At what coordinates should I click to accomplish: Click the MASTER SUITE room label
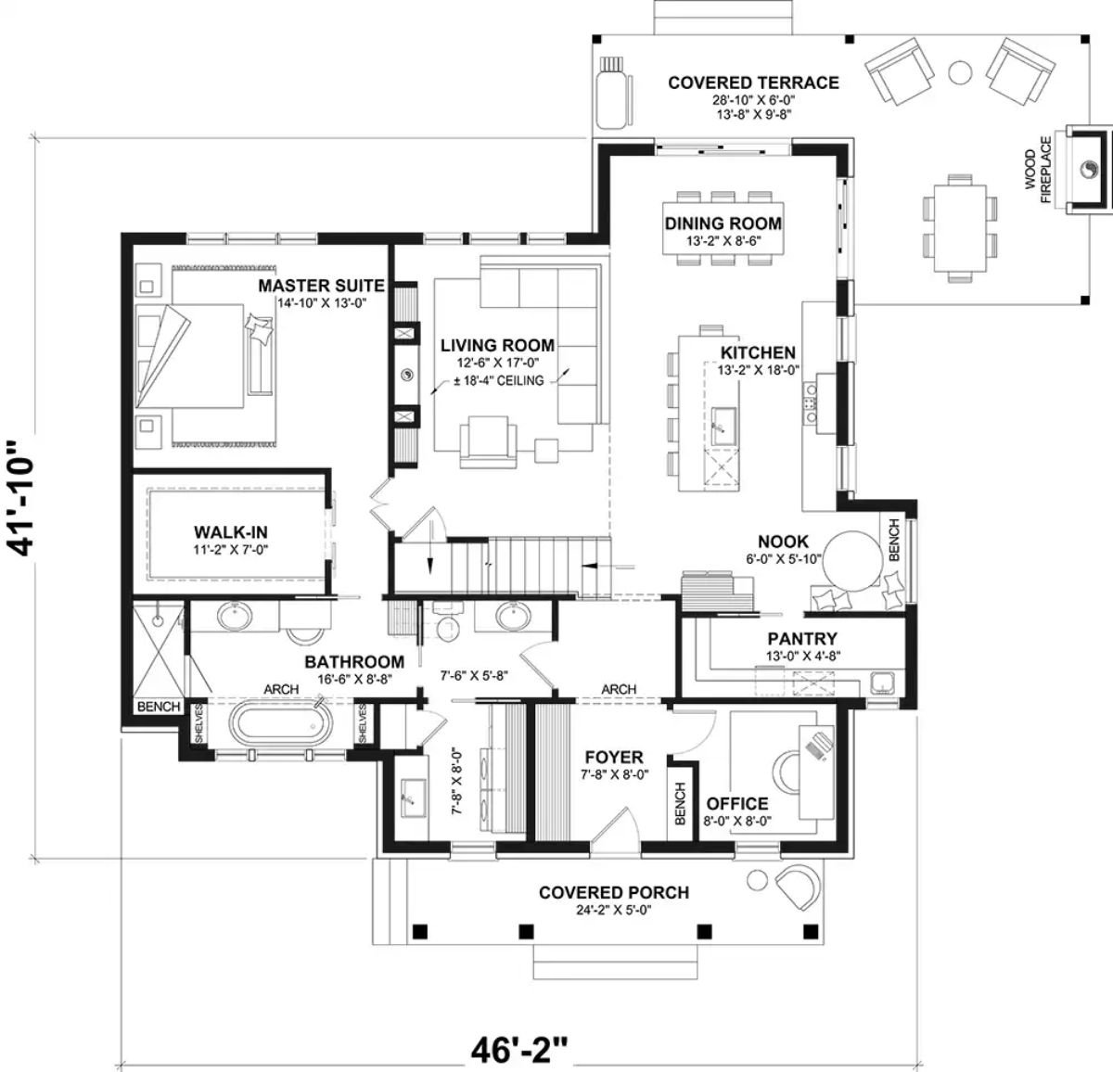click(x=321, y=286)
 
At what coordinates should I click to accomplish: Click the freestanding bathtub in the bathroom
click(x=280, y=723)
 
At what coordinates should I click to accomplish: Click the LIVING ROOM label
click(x=497, y=345)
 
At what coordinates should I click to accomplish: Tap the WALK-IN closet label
click(x=231, y=532)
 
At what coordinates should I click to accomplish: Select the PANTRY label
click(x=802, y=638)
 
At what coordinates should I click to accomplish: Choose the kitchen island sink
click(x=722, y=426)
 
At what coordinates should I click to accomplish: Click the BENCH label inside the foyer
click(x=680, y=804)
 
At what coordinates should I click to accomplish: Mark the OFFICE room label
click(x=737, y=803)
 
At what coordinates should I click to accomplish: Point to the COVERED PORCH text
click(x=614, y=892)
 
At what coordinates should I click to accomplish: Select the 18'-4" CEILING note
click(x=499, y=381)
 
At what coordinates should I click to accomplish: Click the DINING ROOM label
click(x=723, y=223)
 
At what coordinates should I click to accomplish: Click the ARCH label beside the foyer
click(x=619, y=689)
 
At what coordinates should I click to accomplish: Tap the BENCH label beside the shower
click(x=159, y=707)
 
